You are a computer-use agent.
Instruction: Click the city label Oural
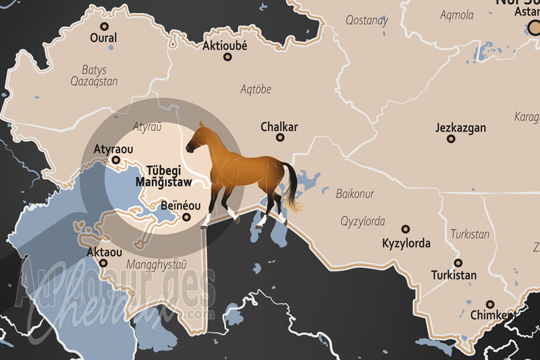point(103,38)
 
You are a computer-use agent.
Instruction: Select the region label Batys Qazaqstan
point(94,75)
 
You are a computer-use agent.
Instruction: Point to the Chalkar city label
point(279,127)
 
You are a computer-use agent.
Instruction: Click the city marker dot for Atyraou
point(117,161)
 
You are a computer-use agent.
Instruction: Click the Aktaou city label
point(105,253)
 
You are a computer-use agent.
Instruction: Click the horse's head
point(195,138)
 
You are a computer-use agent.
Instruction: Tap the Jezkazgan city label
point(461,128)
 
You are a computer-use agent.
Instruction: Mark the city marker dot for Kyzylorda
point(406,229)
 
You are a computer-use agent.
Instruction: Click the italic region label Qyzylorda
point(362,221)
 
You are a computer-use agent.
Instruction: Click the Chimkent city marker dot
point(491,304)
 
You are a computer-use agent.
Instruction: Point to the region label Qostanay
point(367,20)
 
